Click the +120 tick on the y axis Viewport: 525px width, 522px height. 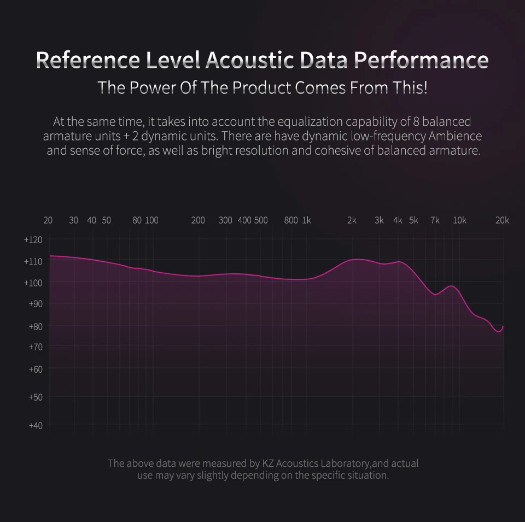pyautogui.click(x=33, y=240)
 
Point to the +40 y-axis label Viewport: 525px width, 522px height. pyautogui.click(x=36, y=425)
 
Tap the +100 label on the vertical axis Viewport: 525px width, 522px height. pyautogui.click(x=33, y=283)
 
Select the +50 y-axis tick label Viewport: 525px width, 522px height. pyautogui.click(x=36, y=397)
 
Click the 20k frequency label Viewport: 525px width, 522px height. pyautogui.click(x=502, y=220)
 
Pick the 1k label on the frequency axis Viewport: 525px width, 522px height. pyautogui.click(x=307, y=220)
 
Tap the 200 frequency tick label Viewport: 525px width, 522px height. pyautogui.click(x=198, y=220)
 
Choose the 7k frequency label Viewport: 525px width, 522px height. pyautogui.click(x=435, y=220)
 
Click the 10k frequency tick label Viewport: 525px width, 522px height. pyautogui.click(x=460, y=220)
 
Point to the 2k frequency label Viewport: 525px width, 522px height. pyautogui.click(x=352, y=220)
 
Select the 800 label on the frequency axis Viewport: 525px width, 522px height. pyautogui.click(x=291, y=220)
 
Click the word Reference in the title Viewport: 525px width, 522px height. pyautogui.click(x=87, y=60)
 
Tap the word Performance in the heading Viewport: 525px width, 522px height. pyautogui.click(x=421, y=60)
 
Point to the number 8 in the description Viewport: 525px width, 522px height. pyautogui.click(x=416, y=121)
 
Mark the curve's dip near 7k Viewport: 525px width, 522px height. pyautogui.click(x=435, y=295)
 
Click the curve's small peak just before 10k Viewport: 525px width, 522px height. pyautogui.click(x=451, y=286)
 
